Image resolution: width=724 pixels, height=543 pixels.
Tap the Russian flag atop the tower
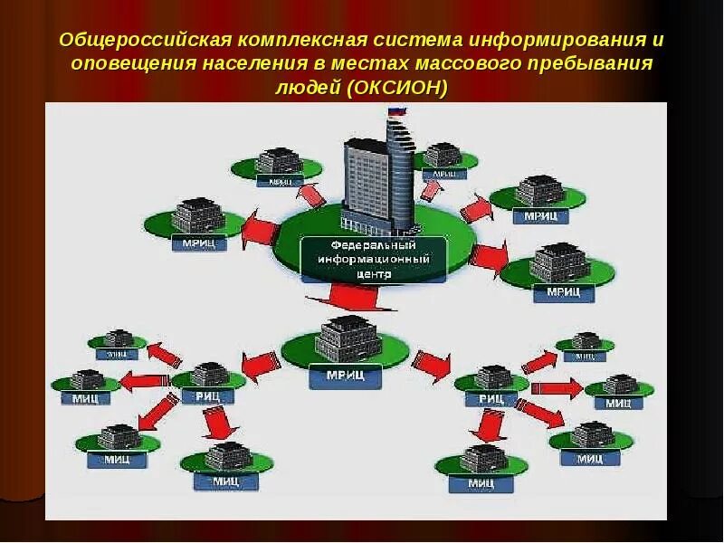pyautogui.click(x=395, y=112)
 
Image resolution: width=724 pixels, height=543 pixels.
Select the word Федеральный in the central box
pyautogui.click(x=373, y=245)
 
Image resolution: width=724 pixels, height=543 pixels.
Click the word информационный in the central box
pyautogui.click(x=373, y=258)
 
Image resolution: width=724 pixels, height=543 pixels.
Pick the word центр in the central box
pyautogui.click(x=373, y=271)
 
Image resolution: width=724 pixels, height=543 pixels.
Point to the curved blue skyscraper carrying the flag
pyautogui.click(x=400, y=167)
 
